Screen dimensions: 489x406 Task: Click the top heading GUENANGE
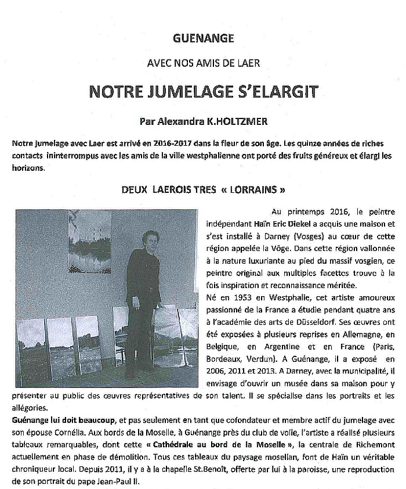click(203, 39)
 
